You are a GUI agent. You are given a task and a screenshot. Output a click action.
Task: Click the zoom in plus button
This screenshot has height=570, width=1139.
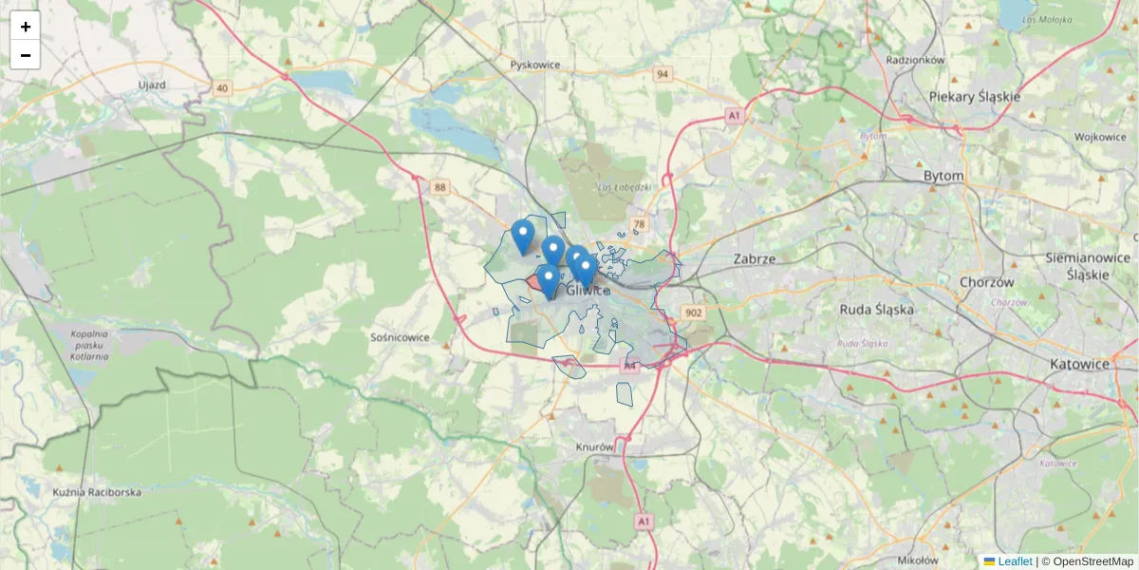[x=25, y=27]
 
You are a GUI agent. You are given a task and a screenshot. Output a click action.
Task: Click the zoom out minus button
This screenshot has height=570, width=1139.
[x=25, y=55]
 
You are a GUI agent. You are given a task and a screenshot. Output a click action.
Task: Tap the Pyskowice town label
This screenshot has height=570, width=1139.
[x=535, y=65]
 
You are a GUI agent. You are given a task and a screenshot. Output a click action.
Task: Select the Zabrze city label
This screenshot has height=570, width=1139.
[x=755, y=258]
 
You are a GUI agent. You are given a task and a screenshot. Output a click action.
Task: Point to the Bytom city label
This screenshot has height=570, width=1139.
[x=943, y=176]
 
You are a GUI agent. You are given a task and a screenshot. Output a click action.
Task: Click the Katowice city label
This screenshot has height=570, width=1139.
[x=1079, y=364]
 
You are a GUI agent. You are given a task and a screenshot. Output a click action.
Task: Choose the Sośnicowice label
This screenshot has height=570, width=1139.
[x=400, y=337]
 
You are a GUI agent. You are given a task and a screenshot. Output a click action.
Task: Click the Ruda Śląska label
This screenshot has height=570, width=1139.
[x=876, y=310]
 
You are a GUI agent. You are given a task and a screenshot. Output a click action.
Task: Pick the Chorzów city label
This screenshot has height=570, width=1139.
[x=987, y=282]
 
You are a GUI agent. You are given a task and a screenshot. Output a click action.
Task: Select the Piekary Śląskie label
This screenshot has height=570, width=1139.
[x=974, y=97]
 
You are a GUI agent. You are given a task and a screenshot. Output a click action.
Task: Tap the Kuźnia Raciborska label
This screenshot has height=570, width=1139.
[x=97, y=492]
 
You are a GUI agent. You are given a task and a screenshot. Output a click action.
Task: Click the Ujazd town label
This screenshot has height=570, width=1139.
[x=152, y=85]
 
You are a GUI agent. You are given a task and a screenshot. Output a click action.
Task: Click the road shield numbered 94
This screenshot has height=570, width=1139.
[x=663, y=74]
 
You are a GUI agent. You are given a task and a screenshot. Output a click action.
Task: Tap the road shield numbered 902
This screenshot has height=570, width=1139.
[x=693, y=313]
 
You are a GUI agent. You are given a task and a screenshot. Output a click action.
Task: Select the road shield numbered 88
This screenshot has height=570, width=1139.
[x=439, y=187]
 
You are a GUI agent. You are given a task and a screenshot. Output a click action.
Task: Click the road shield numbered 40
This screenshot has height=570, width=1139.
[x=222, y=88]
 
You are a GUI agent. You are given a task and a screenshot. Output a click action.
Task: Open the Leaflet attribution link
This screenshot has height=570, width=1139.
[x=1014, y=561]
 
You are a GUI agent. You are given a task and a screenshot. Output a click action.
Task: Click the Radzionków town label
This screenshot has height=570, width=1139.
[x=915, y=60]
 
